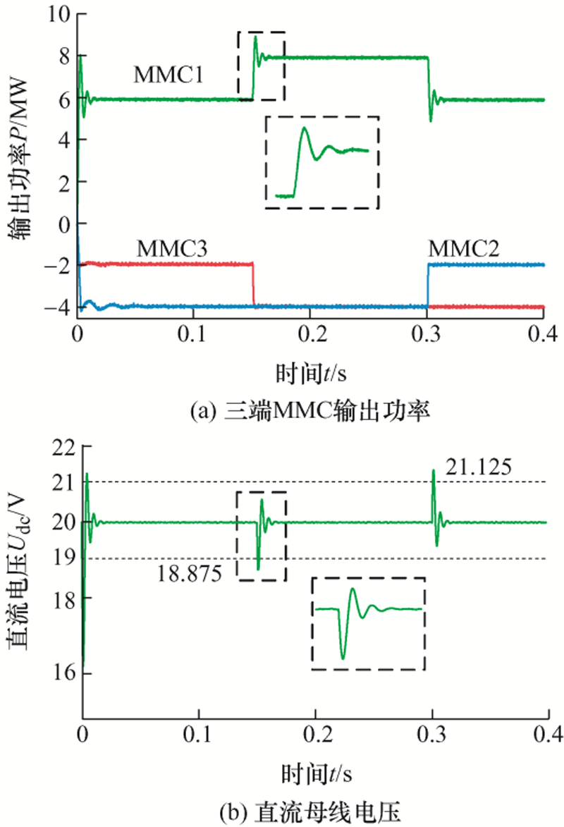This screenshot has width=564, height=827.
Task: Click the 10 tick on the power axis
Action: [62, 14]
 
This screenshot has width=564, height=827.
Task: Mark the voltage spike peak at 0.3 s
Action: [434, 470]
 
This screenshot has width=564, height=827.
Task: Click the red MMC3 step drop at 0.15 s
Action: [253, 285]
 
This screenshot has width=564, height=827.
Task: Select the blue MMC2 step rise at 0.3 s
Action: [428, 285]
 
